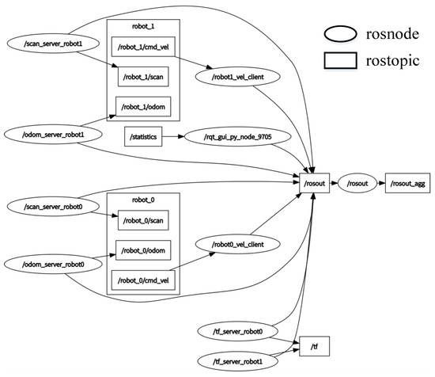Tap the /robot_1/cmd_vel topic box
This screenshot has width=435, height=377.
(144, 48)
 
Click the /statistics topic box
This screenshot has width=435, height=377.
(143, 138)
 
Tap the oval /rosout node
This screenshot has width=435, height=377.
(355, 185)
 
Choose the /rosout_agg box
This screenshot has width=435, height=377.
(407, 185)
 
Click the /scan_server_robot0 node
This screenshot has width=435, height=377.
(46, 206)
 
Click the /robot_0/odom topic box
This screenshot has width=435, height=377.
(143, 250)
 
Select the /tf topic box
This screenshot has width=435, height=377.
(314, 346)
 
